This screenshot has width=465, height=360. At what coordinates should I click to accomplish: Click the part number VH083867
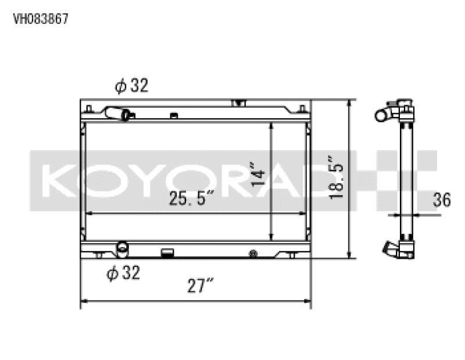click(40, 19)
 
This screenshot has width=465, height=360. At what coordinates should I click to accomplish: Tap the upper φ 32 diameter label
click(131, 87)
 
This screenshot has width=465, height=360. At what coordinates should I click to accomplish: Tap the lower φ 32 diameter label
click(123, 273)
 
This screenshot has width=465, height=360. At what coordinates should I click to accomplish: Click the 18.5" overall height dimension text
click(337, 178)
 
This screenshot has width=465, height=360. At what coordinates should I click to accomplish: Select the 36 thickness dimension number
click(442, 201)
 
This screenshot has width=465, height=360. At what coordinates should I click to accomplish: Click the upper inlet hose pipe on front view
click(121, 114)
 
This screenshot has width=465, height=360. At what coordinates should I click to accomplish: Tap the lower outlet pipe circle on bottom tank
click(122, 248)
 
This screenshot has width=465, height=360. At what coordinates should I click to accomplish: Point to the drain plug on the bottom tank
click(252, 253)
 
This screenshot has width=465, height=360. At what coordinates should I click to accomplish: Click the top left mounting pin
click(88, 109)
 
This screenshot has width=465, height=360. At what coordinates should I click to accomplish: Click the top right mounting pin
click(302, 109)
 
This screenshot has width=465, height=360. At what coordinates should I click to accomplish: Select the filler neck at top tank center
click(238, 104)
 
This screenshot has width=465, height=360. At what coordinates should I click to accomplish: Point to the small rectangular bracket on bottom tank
click(167, 253)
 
